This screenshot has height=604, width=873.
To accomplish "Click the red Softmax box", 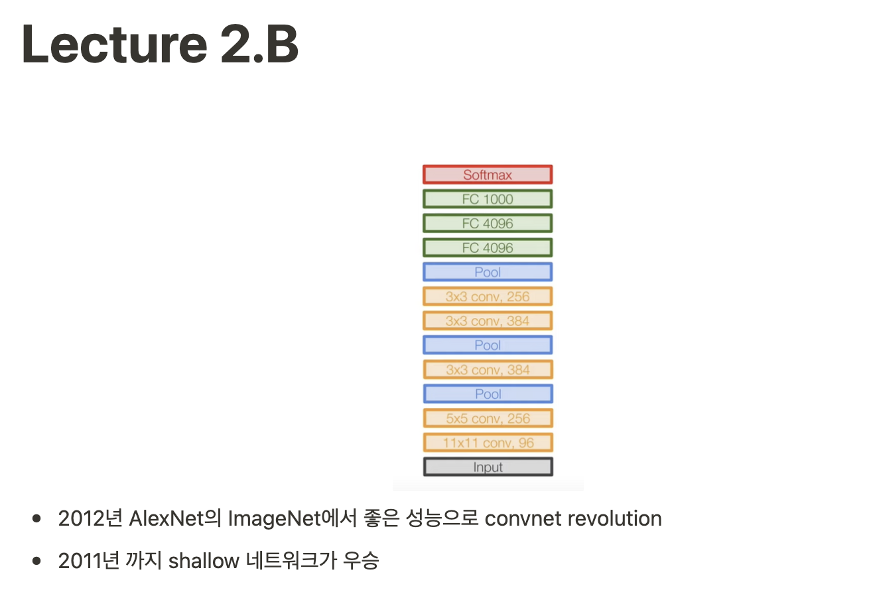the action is [488, 175].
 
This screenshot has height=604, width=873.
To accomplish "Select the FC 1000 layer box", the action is [488, 199].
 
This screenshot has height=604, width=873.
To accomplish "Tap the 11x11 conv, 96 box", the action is [488, 443].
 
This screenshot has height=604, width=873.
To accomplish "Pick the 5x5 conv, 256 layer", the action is [488, 419].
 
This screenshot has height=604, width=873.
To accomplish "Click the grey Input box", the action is [488, 467].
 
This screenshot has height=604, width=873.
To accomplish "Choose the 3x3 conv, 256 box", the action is [488, 297].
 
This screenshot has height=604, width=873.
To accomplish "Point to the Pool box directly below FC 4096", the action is [488, 272].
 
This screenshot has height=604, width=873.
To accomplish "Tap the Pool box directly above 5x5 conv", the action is [488, 394].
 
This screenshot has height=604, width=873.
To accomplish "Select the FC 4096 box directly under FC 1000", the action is [488, 224].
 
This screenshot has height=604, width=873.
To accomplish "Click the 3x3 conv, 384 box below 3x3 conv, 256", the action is [488, 321].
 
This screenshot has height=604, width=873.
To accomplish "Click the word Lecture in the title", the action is [113, 44].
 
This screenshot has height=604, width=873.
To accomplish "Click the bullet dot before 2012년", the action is [37, 518].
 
